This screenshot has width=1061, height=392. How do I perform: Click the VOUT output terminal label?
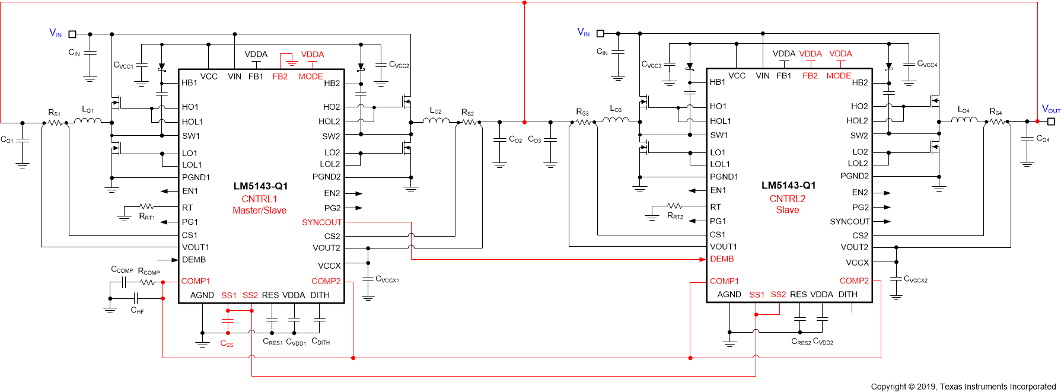tap(1050, 109)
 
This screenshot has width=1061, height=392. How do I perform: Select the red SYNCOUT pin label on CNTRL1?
tap(321, 222)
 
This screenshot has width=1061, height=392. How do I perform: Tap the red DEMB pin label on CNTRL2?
tap(722, 259)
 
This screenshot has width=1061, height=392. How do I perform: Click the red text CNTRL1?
tap(259, 199)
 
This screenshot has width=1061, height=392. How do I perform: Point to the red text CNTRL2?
tap(787, 199)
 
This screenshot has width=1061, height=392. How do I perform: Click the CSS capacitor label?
tap(227, 343)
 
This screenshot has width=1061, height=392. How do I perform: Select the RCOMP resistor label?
tap(149, 272)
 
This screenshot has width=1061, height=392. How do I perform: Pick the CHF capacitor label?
tap(137, 310)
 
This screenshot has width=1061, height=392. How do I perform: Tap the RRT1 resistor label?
tap(146, 217)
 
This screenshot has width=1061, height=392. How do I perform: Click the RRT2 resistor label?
tap(675, 216)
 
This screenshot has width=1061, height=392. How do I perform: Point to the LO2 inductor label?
tap(435, 111)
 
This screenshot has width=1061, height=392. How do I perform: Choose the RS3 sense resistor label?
tap(582, 111)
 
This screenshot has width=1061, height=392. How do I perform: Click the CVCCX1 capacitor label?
tap(387, 279)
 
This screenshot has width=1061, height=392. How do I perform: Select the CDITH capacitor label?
tap(320, 342)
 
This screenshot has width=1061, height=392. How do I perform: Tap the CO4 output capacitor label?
tap(1043, 139)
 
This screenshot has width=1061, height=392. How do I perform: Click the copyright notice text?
tap(963, 387)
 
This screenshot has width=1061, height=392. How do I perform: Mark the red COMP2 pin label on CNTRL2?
tap(853, 281)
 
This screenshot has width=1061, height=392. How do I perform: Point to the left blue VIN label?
tap(55, 33)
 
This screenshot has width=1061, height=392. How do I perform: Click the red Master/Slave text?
tap(259, 211)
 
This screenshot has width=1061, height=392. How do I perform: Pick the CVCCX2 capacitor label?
tap(915, 279)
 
